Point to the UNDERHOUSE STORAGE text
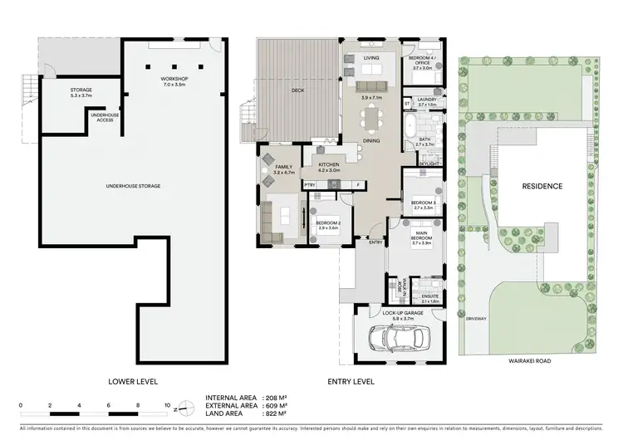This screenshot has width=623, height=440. point(134,186)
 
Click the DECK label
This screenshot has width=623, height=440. point(296,91)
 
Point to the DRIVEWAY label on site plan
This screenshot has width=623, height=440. point(476,318)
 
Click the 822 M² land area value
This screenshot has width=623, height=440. point(274,413)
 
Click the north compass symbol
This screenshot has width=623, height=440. point(189,407)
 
